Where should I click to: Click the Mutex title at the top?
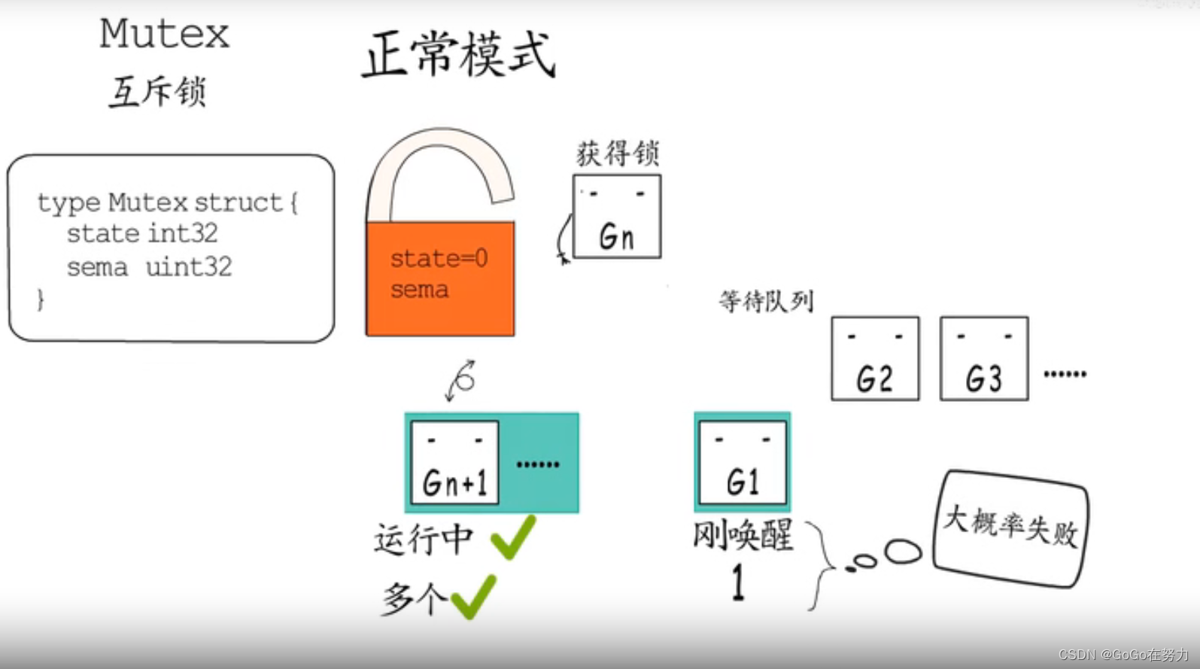click(164, 35)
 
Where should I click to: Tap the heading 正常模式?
click(459, 54)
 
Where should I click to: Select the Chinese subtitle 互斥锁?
click(157, 92)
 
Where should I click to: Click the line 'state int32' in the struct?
click(142, 233)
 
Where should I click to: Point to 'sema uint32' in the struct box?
click(149, 267)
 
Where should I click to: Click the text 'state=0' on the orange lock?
click(439, 259)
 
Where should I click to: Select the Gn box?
click(617, 217)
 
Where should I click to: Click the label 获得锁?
click(618, 154)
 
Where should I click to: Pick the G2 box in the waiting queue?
click(875, 358)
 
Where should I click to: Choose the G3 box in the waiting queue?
click(984, 358)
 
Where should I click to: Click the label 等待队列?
click(766, 301)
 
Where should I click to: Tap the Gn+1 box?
click(454, 462)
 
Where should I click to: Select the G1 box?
click(743, 462)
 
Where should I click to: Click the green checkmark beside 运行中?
click(513, 537)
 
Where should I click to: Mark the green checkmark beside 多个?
click(473, 596)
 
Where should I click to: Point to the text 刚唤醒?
click(743, 536)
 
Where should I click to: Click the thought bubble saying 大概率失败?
click(1010, 527)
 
